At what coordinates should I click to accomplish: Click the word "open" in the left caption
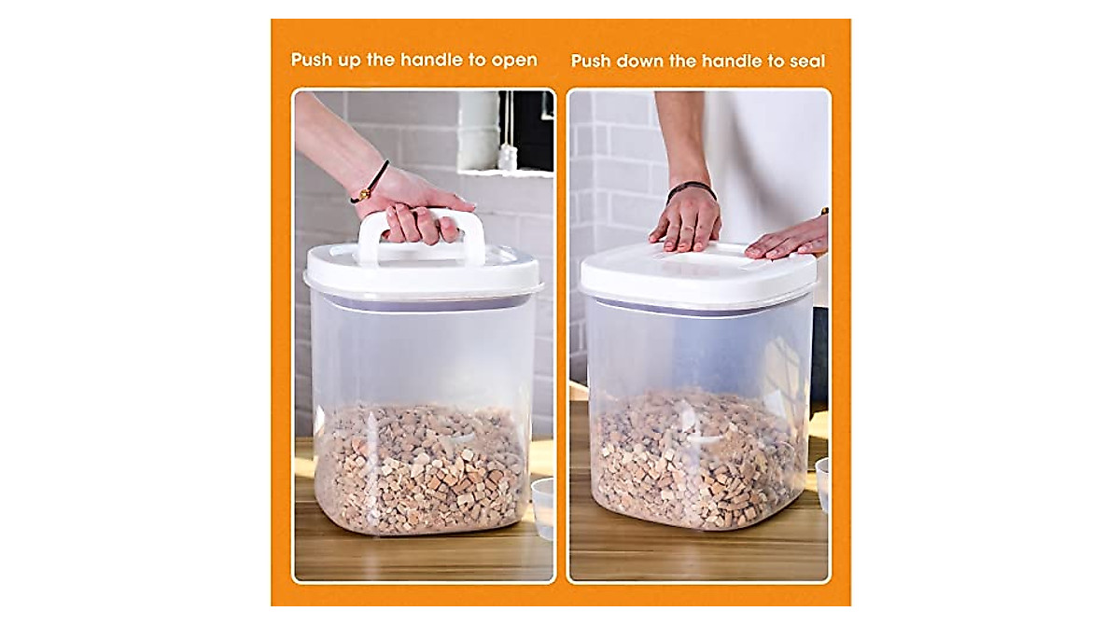coord(515,61)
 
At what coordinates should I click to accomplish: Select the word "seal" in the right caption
coord(805,62)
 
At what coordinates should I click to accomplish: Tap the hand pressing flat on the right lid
coord(686,221)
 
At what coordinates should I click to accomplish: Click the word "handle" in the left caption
coord(430,61)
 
